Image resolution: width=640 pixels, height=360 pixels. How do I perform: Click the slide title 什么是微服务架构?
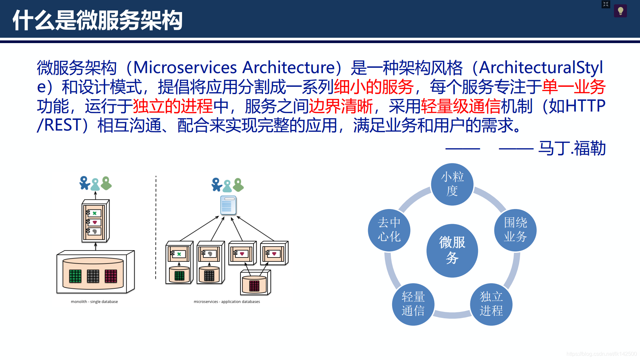tap(98, 20)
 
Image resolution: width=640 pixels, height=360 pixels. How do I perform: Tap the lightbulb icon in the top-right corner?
tap(620, 11)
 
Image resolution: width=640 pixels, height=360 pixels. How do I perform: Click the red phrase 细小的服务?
tap(373, 87)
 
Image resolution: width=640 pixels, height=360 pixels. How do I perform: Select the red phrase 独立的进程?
tap(173, 107)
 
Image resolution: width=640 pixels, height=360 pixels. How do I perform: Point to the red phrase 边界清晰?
tap(340, 107)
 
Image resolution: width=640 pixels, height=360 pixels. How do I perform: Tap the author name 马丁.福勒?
tap(572, 148)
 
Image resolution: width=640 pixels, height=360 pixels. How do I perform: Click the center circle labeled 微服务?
tap(452, 250)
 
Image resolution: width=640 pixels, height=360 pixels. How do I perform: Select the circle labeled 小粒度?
tap(452, 184)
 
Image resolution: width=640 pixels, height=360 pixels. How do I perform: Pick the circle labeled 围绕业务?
tap(515, 230)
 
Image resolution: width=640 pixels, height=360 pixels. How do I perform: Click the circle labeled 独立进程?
tap(491, 304)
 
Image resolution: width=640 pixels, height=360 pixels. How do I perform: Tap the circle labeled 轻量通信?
tap(413, 304)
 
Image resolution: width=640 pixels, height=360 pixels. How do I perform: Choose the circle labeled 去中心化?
tap(389, 230)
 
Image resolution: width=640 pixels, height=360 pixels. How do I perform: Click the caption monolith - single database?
tap(94, 302)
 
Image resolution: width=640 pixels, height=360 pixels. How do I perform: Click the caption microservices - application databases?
tap(227, 302)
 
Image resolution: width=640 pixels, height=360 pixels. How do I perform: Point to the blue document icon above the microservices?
tap(228, 205)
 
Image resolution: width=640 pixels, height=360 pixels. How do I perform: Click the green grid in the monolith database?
tap(75, 276)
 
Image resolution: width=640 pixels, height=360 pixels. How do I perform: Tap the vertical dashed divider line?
tap(156, 227)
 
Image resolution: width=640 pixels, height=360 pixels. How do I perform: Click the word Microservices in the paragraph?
tap(185, 67)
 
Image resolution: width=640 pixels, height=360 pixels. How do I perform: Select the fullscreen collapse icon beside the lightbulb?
tap(606, 4)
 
